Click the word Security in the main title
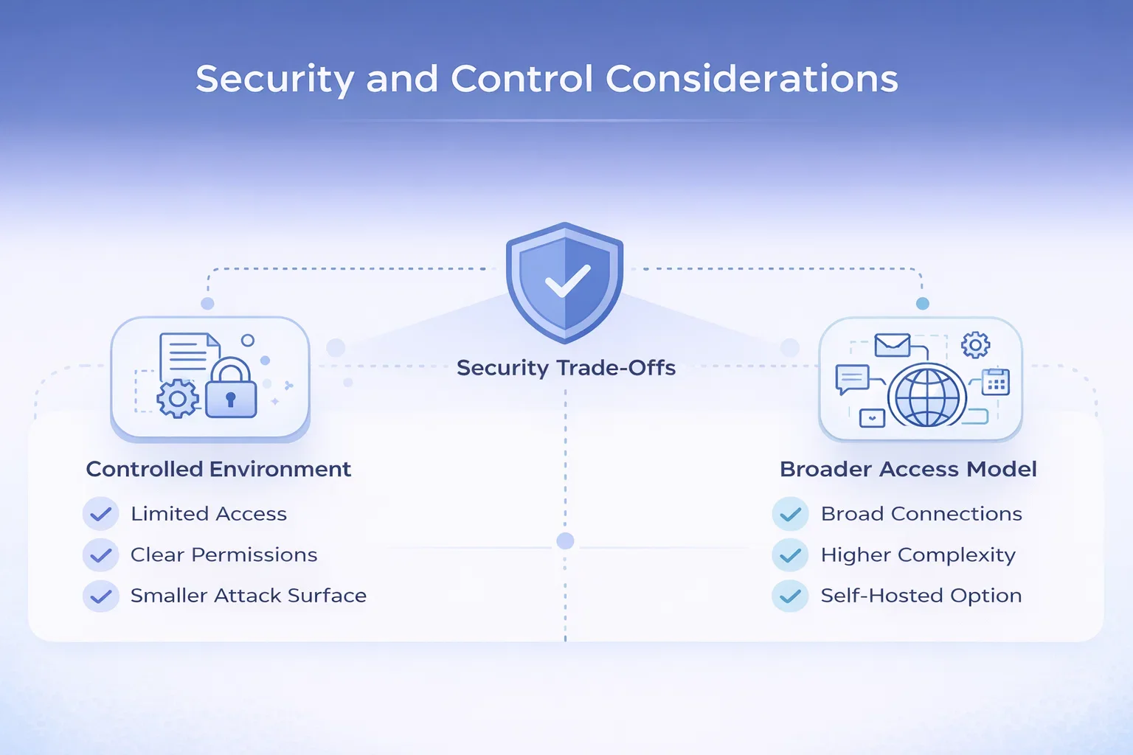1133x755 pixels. pyautogui.click(x=275, y=80)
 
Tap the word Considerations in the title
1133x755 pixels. pyautogui.click(x=752, y=79)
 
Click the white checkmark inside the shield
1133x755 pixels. pyautogui.click(x=567, y=281)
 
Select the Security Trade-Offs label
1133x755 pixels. pyautogui.click(x=566, y=368)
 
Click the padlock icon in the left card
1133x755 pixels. pyautogui.click(x=231, y=389)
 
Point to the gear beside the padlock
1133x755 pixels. pyautogui.click(x=178, y=398)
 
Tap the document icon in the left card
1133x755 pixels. pyautogui.click(x=188, y=357)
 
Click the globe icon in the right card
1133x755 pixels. pyautogui.click(x=927, y=397)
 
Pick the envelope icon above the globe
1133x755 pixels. pyautogui.click(x=893, y=345)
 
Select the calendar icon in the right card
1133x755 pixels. pyautogui.click(x=995, y=382)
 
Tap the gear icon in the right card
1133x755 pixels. pyautogui.click(x=975, y=345)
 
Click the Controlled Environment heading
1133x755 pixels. pyautogui.click(x=218, y=469)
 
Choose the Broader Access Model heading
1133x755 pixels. pyautogui.click(x=909, y=469)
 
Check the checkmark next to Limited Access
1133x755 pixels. pyautogui.click(x=100, y=514)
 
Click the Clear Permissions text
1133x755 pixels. pyautogui.click(x=224, y=554)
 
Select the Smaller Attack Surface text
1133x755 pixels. pyautogui.click(x=249, y=596)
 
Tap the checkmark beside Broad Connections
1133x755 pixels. pyautogui.click(x=790, y=514)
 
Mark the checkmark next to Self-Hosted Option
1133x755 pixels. pyautogui.click(x=790, y=596)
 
